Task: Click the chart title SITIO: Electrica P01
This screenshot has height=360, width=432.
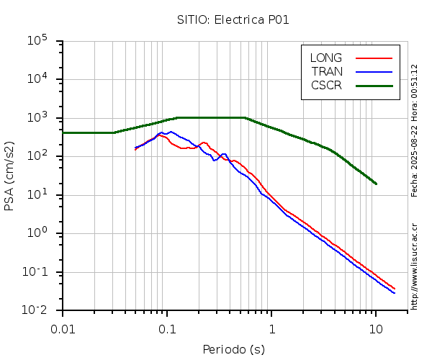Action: pos(233,19)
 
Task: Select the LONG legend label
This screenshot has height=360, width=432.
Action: pos(326,58)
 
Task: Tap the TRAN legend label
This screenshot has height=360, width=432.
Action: pos(327,71)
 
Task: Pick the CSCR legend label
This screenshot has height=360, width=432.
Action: pos(326,85)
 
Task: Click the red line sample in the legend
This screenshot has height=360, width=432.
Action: pos(374,58)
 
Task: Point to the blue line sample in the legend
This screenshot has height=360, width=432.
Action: pos(374,71)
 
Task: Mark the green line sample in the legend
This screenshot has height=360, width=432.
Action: pos(374,85)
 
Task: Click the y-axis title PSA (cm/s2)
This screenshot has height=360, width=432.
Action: pos(9,176)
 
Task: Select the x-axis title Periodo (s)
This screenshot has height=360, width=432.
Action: pos(233,350)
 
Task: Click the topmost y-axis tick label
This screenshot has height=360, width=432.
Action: pos(37,40)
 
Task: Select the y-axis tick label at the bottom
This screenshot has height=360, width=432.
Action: pos(37,310)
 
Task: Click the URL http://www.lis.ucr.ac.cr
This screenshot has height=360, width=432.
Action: pos(415,266)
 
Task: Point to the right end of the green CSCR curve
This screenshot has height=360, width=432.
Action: pos(376,184)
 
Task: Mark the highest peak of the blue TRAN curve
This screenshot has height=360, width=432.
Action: pos(171,132)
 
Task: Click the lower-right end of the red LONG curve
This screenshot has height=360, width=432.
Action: pos(395,289)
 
